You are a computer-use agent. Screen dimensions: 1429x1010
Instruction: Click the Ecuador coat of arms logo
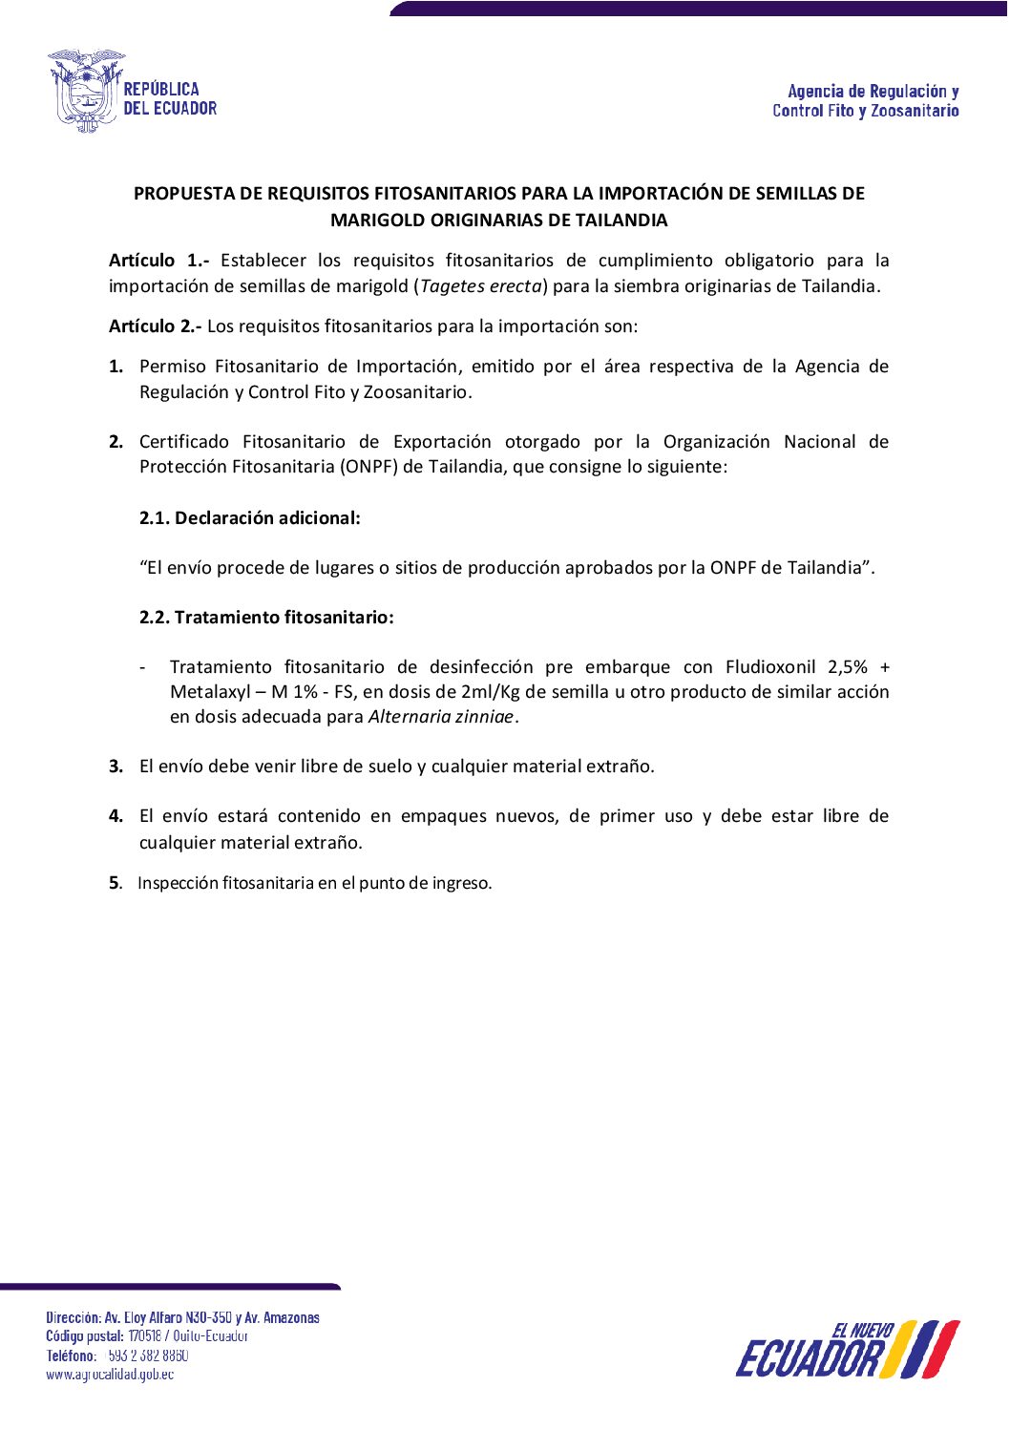86,91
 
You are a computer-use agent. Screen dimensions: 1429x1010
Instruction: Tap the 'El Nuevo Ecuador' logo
847,1349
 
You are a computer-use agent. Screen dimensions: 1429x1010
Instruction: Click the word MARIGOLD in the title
378,221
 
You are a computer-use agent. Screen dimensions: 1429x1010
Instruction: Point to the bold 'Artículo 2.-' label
155,326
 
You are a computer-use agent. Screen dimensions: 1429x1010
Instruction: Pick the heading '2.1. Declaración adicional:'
250,518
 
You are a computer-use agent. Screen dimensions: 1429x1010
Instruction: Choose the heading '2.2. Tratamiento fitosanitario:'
266,618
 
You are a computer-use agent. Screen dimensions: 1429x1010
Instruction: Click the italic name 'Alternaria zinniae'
441,717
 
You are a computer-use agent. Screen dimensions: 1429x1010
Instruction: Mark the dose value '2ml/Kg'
490,692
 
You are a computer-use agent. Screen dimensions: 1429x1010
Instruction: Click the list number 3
116,767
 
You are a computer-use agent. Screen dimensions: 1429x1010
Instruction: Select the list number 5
115,883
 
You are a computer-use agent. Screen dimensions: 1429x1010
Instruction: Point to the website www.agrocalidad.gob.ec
110,1375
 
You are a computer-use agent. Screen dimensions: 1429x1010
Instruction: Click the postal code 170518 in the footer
145,1336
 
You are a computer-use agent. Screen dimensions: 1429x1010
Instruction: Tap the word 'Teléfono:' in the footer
71,1355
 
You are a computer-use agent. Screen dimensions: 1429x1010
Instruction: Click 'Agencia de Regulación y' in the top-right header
873,92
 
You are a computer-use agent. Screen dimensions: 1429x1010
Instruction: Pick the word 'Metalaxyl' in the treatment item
210,692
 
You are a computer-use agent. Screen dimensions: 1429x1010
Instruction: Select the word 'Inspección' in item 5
178,883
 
